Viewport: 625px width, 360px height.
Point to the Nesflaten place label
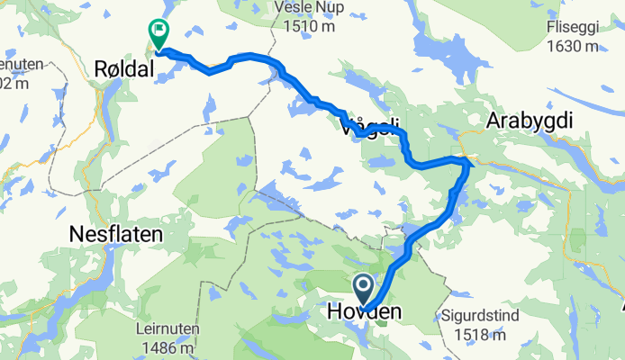tap(116, 235)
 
